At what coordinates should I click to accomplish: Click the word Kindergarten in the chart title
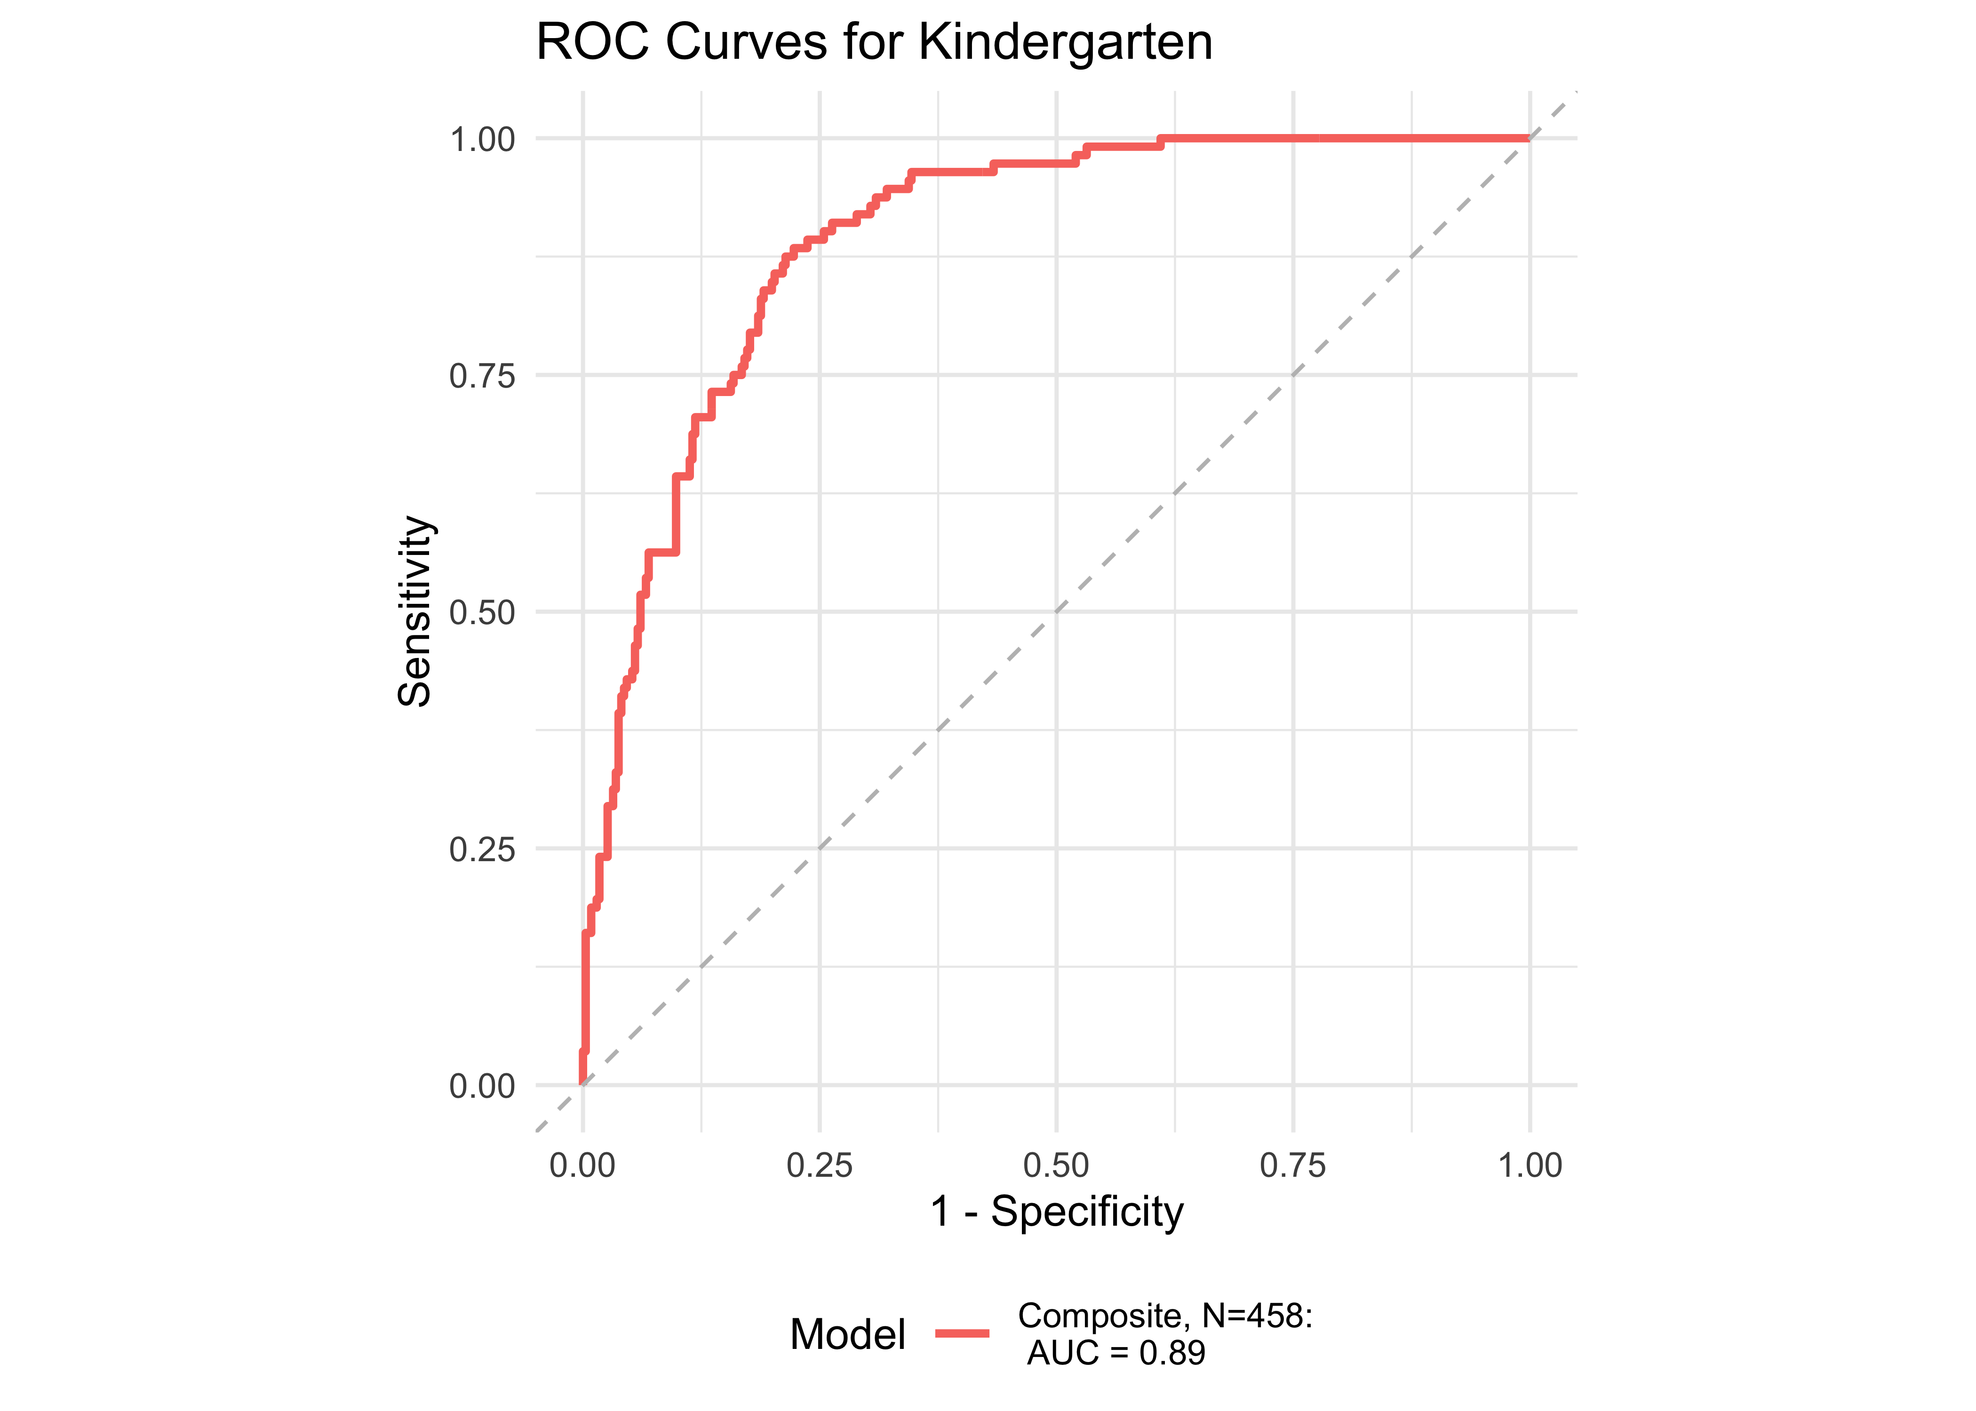[1065, 42]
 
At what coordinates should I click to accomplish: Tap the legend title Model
[847, 1334]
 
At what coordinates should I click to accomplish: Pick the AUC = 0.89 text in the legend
[1116, 1353]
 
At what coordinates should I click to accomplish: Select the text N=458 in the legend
[1256, 1316]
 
